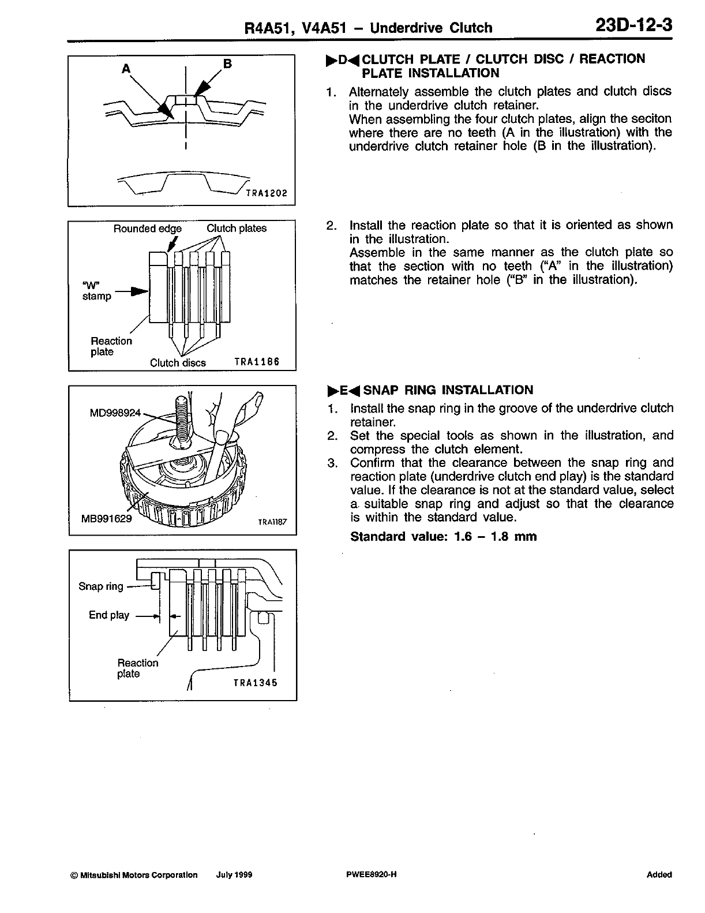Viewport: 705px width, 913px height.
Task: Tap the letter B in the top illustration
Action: pyautogui.click(x=227, y=63)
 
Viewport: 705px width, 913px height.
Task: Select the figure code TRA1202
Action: pyautogui.click(x=267, y=193)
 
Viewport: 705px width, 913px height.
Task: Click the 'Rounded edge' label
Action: pyautogui.click(x=147, y=229)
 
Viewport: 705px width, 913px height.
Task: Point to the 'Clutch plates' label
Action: pyautogui.click(x=237, y=229)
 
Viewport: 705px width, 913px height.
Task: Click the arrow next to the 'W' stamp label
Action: pyautogui.click(x=132, y=292)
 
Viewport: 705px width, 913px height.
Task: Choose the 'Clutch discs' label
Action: pyautogui.click(x=178, y=363)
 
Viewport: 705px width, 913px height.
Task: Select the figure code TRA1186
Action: pyautogui.click(x=257, y=362)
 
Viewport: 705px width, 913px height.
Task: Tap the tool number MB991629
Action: pyautogui.click(x=107, y=518)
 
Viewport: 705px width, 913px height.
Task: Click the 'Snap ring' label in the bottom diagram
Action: pyautogui.click(x=101, y=586)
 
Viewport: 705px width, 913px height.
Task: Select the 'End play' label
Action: pyautogui.click(x=109, y=615)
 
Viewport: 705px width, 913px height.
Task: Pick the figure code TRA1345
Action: pyautogui.click(x=256, y=682)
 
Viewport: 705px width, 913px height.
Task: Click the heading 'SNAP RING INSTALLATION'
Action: pyautogui.click(x=448, y=390)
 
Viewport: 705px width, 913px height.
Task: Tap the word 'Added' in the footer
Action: pyautogui.click(x=659, y=875)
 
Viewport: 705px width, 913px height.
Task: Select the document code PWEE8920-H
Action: pyautogui.click(x=369, y=875)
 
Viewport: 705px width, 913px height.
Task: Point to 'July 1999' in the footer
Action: pyautogui.click(x=234, y=875)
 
